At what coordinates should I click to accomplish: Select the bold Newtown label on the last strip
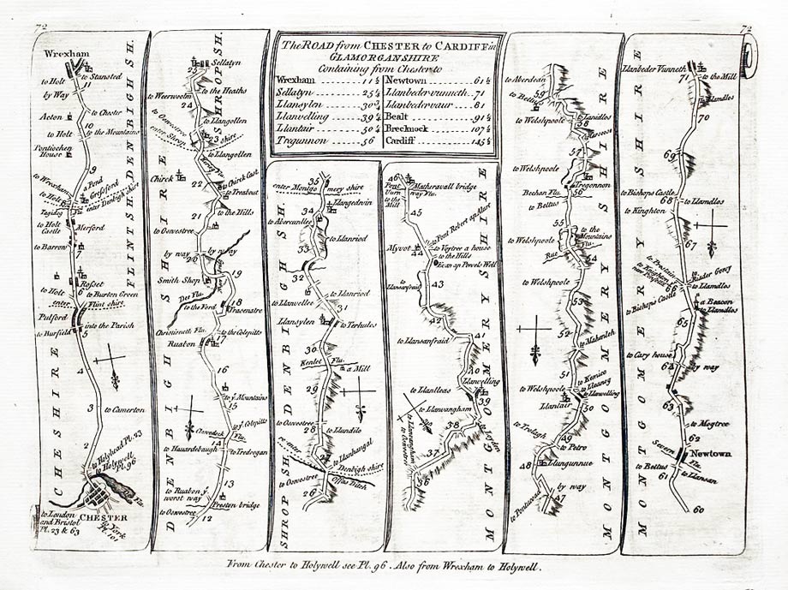711,453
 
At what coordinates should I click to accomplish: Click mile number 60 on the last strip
698,510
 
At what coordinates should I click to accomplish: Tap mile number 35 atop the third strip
313,181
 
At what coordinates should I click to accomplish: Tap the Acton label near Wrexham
52,114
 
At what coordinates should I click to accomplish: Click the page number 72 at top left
39,27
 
